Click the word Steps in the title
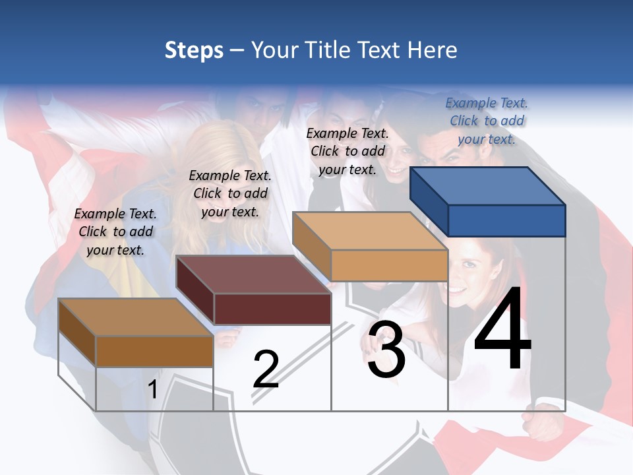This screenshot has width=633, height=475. pyautogui.click(x=194, y=50)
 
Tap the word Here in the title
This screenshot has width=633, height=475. pyautogui.click(x=432, y=50)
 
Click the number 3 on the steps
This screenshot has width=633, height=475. pyautogui.click(x=386, y=350)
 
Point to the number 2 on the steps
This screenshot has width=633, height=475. pyautogui.click(x=266, y=369)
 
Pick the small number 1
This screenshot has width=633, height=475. pyautogui.click(x=153, y=390)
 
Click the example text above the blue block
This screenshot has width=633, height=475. pyautogui.click(x=487, y=121)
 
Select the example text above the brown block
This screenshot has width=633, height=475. pyautogui.click(x=115, y=232)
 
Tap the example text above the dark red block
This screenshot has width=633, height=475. pyautogui.click(x=230, y=193)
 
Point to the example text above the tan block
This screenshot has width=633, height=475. pyautogui.click(x=347, y=151)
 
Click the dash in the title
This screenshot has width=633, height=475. pyautogui.click(x=237, y=51)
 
